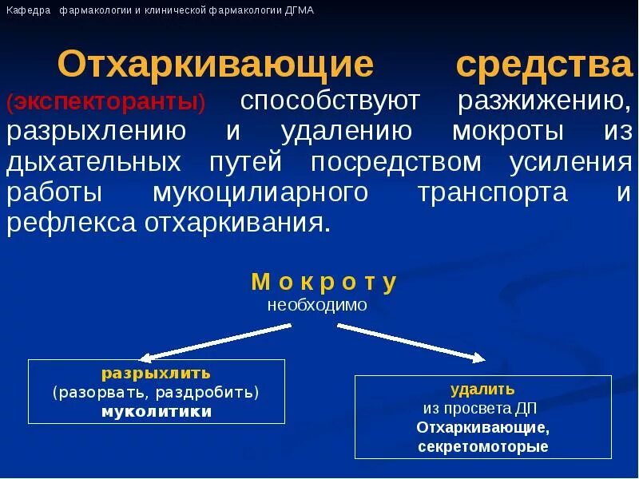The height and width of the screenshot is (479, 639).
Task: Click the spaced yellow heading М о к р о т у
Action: click(323, 283)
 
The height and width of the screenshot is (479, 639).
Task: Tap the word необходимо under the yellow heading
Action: click(317, 305)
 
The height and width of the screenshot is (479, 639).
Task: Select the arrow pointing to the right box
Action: click(411, 342)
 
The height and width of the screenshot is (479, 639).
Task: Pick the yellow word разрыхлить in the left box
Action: click(156, 373)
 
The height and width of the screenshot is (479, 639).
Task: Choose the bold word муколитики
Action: click(157, 412)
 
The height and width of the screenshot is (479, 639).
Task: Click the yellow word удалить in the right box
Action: click(482, 389)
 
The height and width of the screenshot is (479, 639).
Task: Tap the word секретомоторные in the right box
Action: click(482, 446)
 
